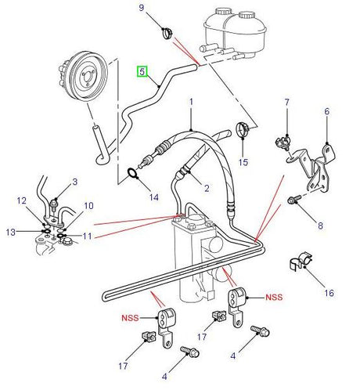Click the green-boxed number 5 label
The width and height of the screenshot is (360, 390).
pos(142,71)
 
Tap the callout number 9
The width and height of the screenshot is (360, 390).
pos(142,9)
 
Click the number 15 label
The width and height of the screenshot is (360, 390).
pos(243,162)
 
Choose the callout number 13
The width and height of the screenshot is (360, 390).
pos(10,232)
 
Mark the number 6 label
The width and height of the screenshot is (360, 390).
pos(327,112)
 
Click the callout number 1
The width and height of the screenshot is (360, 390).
pos(190,103)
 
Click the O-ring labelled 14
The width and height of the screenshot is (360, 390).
pos(131,173)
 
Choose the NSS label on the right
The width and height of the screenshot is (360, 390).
pos(274,297)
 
